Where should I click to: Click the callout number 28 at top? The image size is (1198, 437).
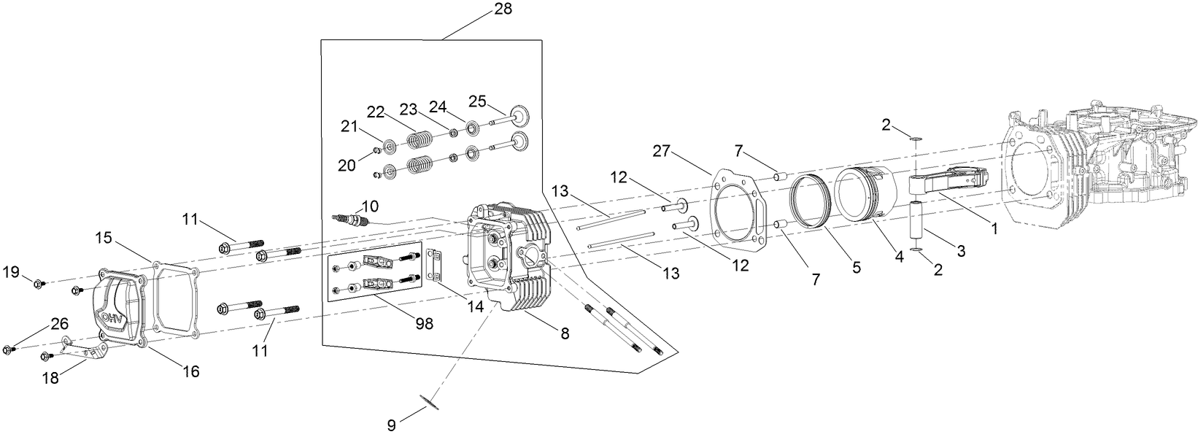(503, 9)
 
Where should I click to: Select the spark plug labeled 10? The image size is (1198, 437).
(352, 218)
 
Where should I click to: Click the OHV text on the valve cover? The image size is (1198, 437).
(112, 319)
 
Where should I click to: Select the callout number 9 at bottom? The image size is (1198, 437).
(392, 425)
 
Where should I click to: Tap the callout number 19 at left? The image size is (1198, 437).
(11, 272)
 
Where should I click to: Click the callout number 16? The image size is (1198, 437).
(191, 371)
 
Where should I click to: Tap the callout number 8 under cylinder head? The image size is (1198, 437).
(564, 333)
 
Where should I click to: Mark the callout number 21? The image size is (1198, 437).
(349, 126)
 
